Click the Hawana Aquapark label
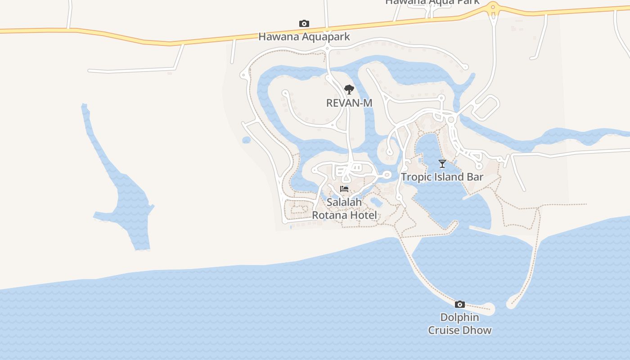(304, 36)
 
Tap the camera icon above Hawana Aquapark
(304, 23)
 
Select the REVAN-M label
(349, 103)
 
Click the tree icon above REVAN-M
(349, 90)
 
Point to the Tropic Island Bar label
(442, 177)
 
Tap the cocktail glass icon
(442, 164)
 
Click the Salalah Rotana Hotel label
(345, 209)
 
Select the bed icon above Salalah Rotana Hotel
(344, 189)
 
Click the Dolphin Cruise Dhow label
(459, 324)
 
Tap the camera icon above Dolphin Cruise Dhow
(459, 305)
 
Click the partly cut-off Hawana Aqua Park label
(432, 2)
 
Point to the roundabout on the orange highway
(493, 7)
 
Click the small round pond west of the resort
(246, 140)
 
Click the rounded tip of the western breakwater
(490, 309)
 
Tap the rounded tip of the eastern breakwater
(512, 304)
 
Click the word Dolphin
(459, 318)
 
